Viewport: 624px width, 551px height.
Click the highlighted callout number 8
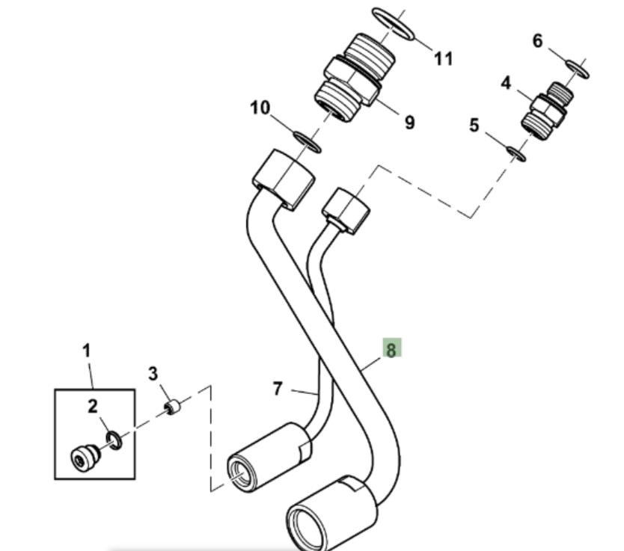[391, 348]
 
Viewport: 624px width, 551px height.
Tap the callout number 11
[444, 58]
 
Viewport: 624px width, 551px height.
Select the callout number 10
[260, 108]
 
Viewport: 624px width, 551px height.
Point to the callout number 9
[409, 122]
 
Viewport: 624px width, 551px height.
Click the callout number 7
[278, 389]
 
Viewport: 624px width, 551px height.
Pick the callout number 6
[537, 41]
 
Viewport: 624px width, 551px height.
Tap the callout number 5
[474, 125]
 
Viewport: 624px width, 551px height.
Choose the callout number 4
[506, 83]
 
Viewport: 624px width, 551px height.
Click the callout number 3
[153, 373]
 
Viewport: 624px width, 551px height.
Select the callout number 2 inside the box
[93, 407]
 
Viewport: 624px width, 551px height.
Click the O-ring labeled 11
[393, 25]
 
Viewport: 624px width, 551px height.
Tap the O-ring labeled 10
[306, 141]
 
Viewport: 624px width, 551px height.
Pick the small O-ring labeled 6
[578, 68]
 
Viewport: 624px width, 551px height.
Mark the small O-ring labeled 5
[516, 153]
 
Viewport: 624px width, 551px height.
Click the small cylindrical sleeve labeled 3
[173, 407]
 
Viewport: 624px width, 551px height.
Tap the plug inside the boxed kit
[82, 456]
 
